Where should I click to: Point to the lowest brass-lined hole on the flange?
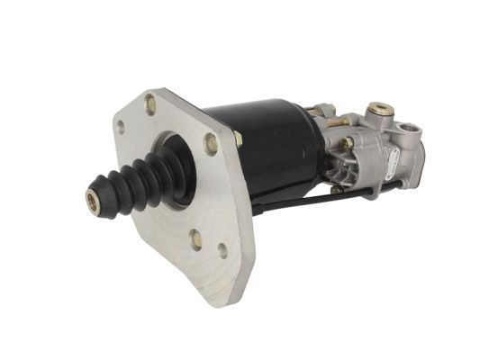196,238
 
